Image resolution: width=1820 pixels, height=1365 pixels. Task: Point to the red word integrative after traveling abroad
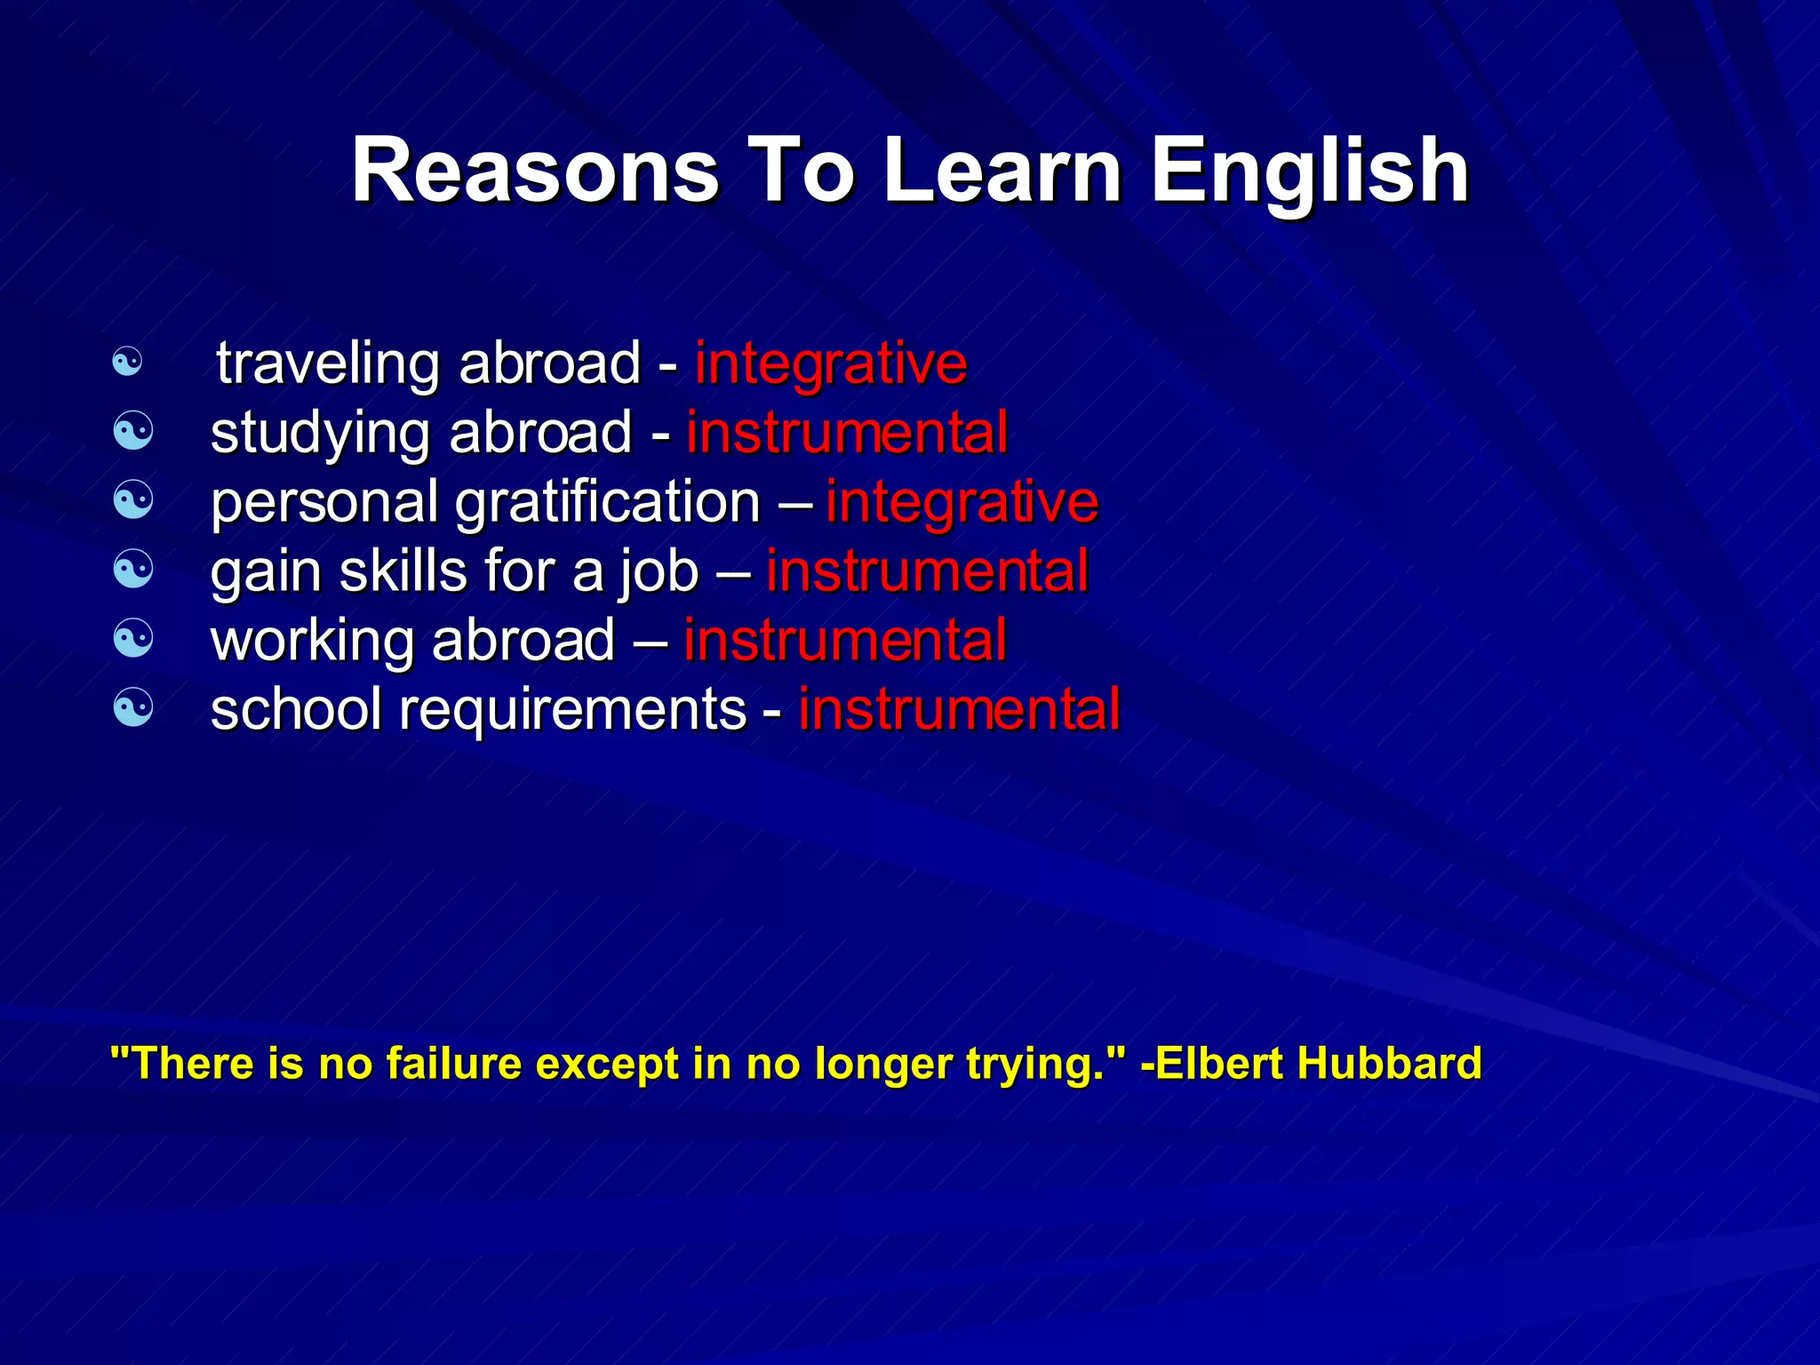click(831, 364)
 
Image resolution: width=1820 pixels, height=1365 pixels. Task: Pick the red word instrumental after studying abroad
click(847, 433)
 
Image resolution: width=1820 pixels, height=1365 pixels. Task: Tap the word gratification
click(608, 503)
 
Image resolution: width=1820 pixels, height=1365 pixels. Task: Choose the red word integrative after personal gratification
click(962, 502)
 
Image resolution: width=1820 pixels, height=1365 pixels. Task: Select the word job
click(659, 572)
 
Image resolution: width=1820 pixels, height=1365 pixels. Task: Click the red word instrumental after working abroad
click(845, 640)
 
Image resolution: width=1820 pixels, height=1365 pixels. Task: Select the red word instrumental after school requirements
click(960, 709)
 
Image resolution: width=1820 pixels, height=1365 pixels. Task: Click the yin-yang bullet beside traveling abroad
click(128, 362)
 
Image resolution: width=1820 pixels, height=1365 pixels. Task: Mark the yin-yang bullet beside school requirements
click(133, 708)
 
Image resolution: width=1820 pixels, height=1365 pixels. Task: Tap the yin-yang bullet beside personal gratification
click(133, 500)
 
